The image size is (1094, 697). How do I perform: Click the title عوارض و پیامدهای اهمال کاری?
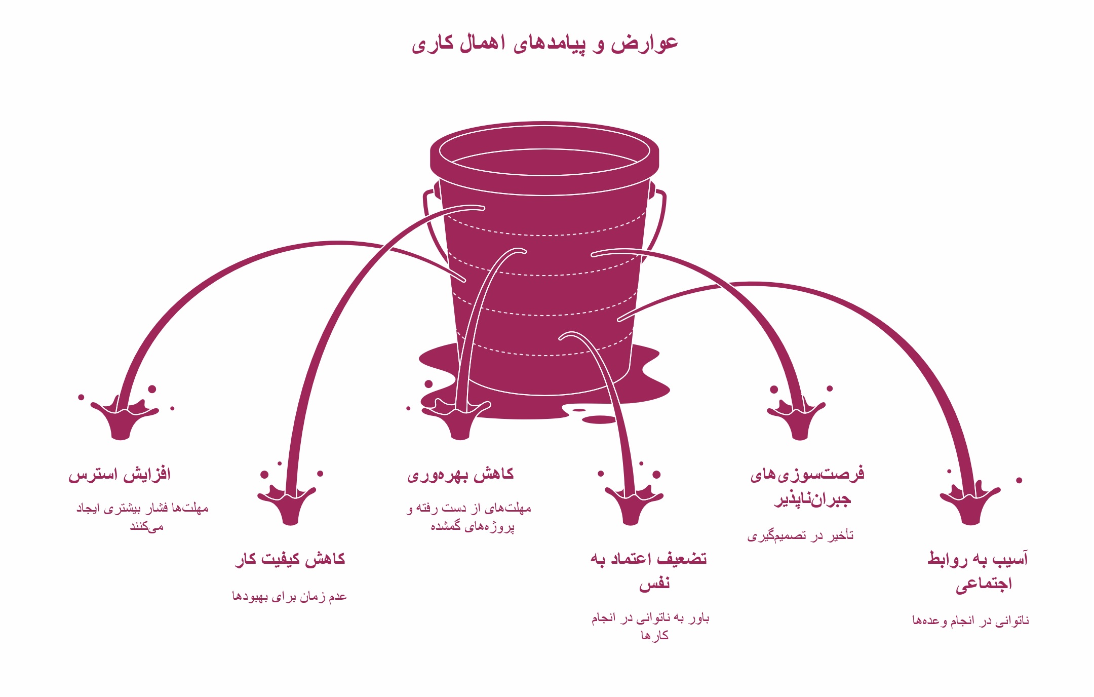click(544, 44)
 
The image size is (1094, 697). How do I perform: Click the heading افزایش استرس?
click(120, 475)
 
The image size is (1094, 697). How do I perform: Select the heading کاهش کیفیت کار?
click(290, 559)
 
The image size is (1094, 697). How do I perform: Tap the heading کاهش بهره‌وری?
click(460, 475)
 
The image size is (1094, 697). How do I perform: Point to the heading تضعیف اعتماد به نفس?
click(649, 570)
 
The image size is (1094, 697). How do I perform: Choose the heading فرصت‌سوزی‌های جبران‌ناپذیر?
click(808, 486)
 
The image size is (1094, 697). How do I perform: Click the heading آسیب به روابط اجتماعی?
click(978, 570)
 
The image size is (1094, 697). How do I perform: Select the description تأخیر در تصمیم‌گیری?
click(800, 536)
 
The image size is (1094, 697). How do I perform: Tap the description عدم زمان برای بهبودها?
click(289, 596)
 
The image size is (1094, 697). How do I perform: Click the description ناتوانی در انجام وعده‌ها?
click(970, 621)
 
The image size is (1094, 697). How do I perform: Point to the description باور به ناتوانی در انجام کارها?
click(650, 626)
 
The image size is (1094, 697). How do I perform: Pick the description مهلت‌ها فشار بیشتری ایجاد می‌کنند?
click(143, 517)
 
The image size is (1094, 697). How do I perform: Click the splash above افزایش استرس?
click(122, 418)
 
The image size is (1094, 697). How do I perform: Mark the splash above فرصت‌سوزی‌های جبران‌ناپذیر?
click(798, 418)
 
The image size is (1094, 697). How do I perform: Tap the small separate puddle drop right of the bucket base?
click(600, 419)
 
